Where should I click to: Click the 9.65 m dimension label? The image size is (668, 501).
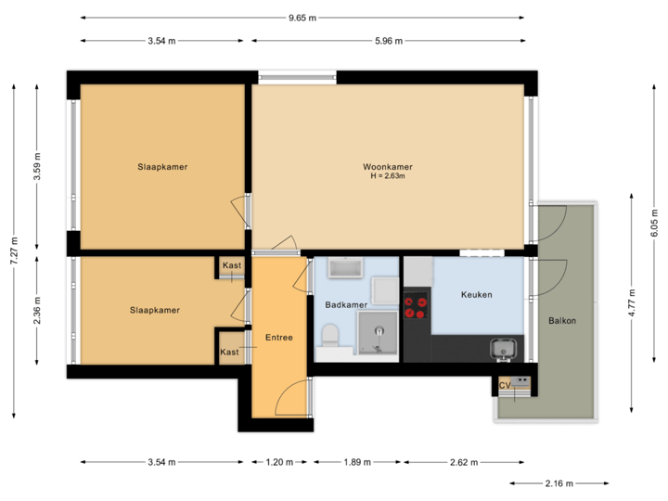(302, 17)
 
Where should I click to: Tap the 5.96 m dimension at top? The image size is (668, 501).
(388, 41)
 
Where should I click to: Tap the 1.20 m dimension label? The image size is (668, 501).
(279, 461)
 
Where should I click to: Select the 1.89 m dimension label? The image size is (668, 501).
(357, 461)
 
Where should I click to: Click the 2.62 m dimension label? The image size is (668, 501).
(464, 461)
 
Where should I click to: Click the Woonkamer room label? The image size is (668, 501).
(388, 167)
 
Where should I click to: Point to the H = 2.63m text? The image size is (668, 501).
(388, 176)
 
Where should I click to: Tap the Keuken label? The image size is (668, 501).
(476, 295)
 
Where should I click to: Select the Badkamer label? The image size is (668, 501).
(346, 304)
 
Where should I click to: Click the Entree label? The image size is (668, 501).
(278, 337)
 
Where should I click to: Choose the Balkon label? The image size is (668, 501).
(562, 321)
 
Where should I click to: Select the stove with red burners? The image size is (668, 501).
(416, 306)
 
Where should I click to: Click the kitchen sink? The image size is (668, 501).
(504, 349)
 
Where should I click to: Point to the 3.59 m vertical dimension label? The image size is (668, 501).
(37, 167)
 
